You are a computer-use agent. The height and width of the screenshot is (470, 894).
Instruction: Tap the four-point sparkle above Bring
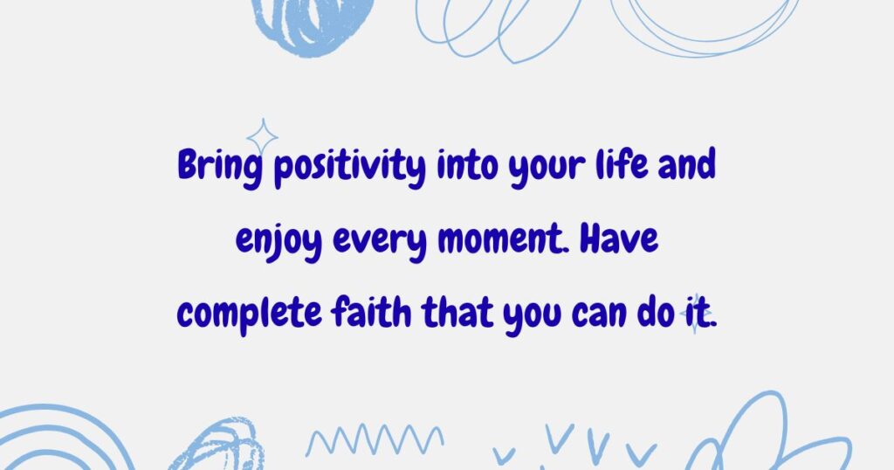(x=262, y=136)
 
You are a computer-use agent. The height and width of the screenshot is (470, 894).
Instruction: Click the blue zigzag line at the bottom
(x=374, y=439)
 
